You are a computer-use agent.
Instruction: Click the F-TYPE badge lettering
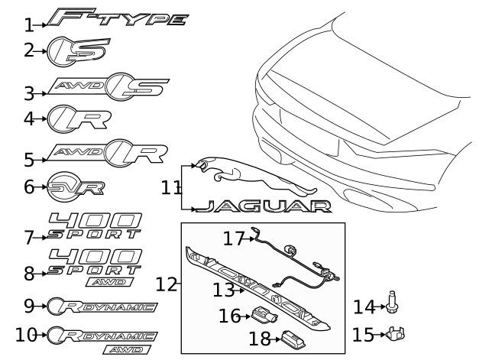click(118, 18)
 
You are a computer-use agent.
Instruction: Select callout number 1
click(29, 25)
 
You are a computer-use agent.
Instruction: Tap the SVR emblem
click(76, 186)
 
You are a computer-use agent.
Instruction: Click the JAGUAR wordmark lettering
click(263, 206)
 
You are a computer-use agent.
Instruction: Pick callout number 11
click(170, 188)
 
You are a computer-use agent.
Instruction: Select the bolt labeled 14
click(392, 302)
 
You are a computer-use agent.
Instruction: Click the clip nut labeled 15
click(396, 333)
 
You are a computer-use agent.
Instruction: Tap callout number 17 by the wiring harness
click(233, 239)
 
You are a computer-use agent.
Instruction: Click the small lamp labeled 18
click(293, 339)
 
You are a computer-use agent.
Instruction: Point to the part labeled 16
click(264, 316)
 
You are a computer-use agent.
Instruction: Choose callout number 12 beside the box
click(166, 284)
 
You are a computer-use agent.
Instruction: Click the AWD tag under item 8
click(110, 282)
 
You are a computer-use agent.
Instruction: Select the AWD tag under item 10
click(127, 350)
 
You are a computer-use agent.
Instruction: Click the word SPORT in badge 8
click(94, 270)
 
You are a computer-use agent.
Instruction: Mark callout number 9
click(29, 306)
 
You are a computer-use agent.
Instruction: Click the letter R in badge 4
click(90, 120)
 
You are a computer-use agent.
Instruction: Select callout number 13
click(223, 290)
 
